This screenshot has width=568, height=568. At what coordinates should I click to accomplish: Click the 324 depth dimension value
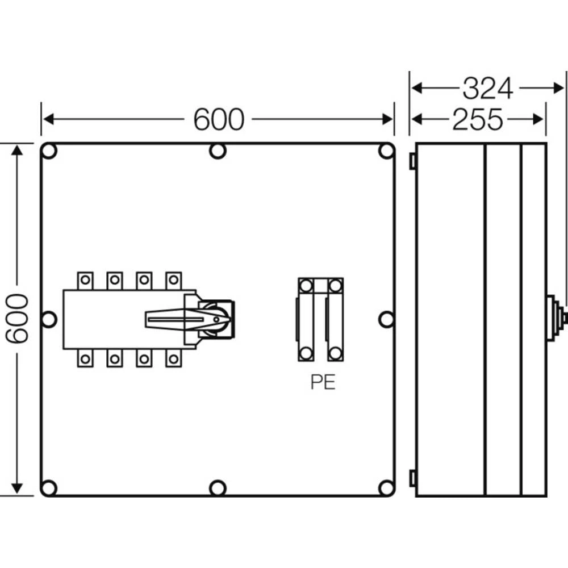click(487, 89)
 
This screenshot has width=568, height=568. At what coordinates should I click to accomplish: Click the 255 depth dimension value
click(478, 119)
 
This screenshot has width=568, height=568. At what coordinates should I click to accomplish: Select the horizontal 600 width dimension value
click(219, 119)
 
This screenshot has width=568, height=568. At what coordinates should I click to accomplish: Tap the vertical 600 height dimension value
click(17, 318)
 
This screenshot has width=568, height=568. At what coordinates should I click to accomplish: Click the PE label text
click(323, 382)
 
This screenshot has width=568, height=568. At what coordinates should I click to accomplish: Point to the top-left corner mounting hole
click(49, 152)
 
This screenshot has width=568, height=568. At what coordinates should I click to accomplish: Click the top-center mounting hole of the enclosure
click(218, 152)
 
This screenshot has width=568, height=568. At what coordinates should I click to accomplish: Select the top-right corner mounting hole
click(386, 152)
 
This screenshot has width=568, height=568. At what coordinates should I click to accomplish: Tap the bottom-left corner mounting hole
click(49, 487)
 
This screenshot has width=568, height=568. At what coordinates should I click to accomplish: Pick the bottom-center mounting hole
click(218, 487)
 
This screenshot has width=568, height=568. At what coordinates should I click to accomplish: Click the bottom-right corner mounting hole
click(386, 487)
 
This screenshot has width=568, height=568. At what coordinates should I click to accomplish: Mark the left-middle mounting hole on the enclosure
click(49, 319)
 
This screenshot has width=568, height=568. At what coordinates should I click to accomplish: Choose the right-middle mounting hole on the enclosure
click(386, 319)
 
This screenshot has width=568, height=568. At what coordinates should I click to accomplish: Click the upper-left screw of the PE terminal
click(306, 285)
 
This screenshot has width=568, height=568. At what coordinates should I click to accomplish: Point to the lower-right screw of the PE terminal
click(335, 353)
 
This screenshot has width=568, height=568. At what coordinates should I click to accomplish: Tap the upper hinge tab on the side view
click(412, 162)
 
